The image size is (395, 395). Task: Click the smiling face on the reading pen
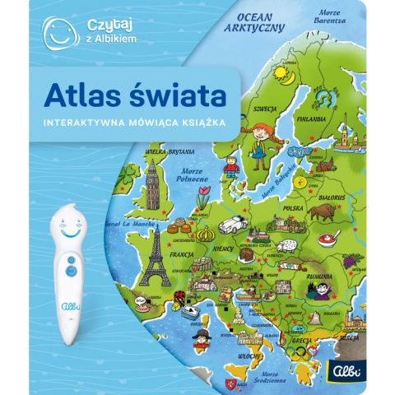point(69,227)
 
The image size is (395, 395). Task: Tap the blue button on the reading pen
point(71,263)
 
